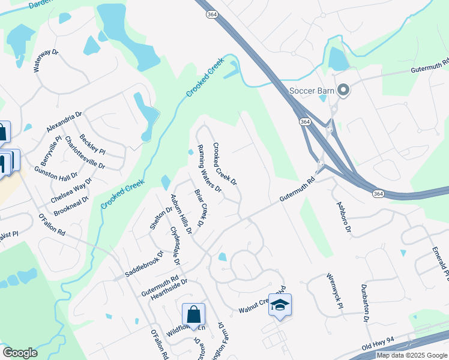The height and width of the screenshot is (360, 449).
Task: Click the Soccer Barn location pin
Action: (343, 91)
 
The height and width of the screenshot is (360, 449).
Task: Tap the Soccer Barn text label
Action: (312, 91)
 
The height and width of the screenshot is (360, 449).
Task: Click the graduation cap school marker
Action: (280, 305)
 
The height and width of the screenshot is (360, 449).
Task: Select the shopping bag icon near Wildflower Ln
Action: (193, 314)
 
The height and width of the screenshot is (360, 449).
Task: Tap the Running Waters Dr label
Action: (209, 169)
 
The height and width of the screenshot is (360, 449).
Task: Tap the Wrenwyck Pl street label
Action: (334, 292)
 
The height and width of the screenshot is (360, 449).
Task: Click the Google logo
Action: (20, 353)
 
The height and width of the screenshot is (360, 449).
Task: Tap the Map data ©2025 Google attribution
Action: (412, 355)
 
